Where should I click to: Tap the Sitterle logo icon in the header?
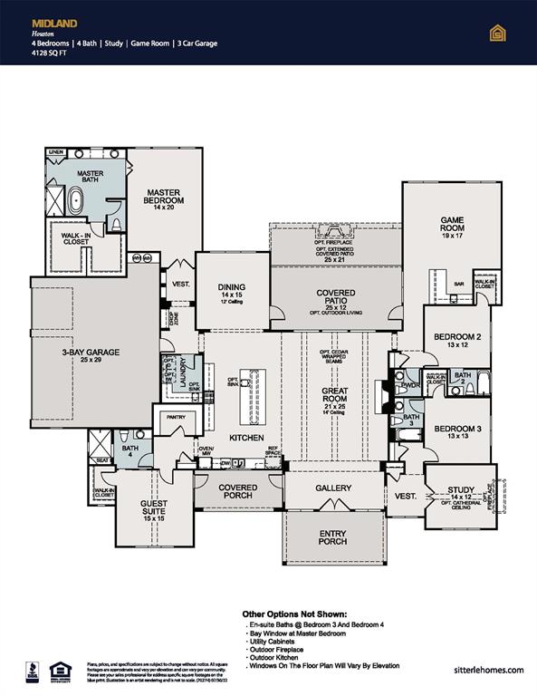pos(496,34)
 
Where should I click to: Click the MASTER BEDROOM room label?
pos(168,198)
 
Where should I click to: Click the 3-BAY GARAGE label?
pos(91,353)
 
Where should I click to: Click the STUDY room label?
pos(462,490)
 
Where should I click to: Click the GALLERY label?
pos(333,488)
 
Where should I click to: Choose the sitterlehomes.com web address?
pos(490,670)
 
